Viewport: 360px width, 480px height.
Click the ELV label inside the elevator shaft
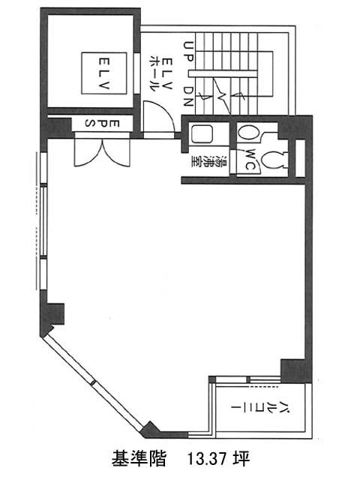(x=104, y=73)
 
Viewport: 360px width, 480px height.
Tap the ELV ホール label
(x=160, y=74)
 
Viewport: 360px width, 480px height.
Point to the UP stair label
(x=188, y=52)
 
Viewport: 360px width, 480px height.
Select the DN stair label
(x=188, y=96)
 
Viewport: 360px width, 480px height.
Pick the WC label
(x=250, y=160)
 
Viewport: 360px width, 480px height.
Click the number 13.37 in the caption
(x=208, y=458)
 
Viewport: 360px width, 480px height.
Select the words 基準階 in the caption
(x=139, y=458)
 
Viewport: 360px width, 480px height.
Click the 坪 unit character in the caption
(x=242, y=458)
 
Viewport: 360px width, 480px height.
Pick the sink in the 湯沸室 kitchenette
(x=202, y=134)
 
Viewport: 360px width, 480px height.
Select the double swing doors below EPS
(x=103, y=152)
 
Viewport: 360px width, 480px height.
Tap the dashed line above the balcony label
(x=262, y=387)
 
